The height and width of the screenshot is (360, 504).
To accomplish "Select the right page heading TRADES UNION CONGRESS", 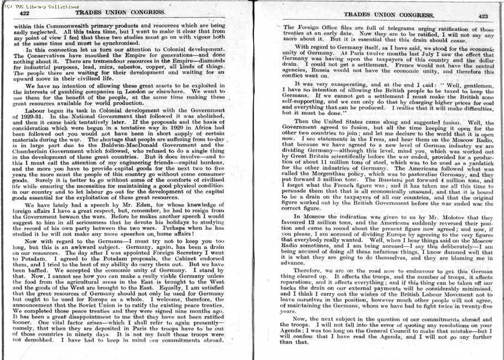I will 380,16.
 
